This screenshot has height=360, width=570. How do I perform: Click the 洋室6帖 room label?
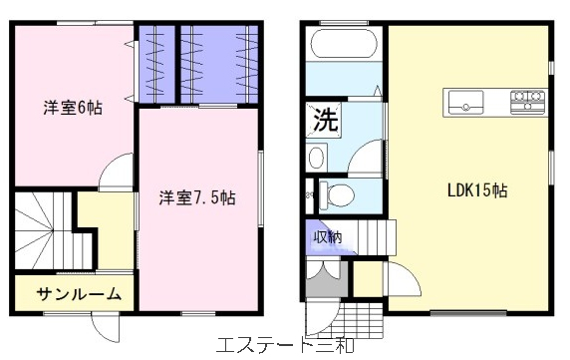pyautogui.click(x=73, y=108)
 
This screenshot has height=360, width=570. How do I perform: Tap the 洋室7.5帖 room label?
pyautogui.click(x=197, y=197)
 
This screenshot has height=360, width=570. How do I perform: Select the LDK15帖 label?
pyautogui.click(x=477, y=190)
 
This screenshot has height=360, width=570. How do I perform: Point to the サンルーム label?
pyautogui.click(x=79, y=294)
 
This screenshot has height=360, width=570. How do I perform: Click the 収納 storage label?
pyautogui.click(x=328, y=237)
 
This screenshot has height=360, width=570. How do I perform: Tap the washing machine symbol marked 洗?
pyautogui.click(x=324, y=121)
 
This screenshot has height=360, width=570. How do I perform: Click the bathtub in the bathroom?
pyautogui.click(x=344, y=43)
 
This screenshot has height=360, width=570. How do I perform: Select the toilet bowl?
pyautogui.click(x=336, y=194)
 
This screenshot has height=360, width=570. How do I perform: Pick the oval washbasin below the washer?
pyautogui.click(x=316, y=158)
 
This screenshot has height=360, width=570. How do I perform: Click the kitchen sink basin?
pyautogui.click(x=465, y=102)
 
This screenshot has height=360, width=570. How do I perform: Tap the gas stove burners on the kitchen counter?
pyautogui.click(x=527, y=100)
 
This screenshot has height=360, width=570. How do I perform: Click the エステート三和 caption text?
pyautogui.click(x=285, y=345)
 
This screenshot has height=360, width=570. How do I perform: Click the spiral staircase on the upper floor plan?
pyautogui.click(x=54, y=230)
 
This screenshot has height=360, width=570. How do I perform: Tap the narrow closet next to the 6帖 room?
pyautogui.click(x=156, y=64)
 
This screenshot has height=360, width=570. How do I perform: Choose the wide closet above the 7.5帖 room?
pyautogui.click(x=219, y=64)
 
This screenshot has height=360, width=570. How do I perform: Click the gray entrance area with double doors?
pyautogui.click(x=326, y=277)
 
